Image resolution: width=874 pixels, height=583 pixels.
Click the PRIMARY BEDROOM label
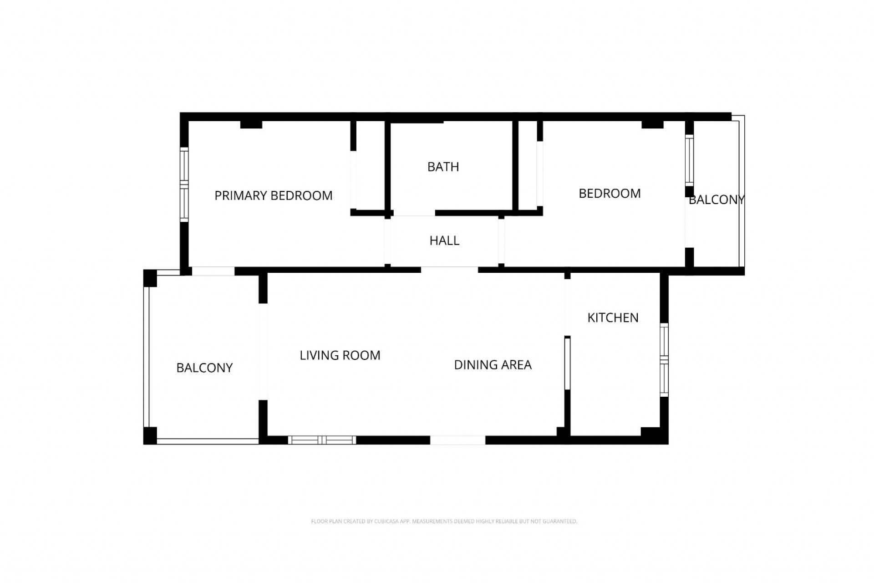click(273, 195)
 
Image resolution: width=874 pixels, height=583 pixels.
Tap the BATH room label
click(443, 167)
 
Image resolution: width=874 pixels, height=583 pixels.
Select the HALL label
click(444, 240)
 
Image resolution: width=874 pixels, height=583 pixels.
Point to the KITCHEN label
click(613, 317)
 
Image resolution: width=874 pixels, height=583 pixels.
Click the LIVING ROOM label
click(340, 355)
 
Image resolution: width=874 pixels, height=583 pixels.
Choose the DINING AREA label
click(493, 365)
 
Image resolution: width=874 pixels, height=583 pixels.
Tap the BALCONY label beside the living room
click(204, 368)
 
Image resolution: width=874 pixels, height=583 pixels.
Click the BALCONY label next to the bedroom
click(716, 199)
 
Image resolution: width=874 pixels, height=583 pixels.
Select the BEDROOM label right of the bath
click(610, 194)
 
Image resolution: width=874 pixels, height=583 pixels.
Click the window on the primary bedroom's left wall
click(184, 184)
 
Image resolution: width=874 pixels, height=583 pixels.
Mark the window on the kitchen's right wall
click(664, 360)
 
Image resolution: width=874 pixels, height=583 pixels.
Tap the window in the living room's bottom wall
click(322, 440)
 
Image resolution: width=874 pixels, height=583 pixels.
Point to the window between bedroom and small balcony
click(689, 160)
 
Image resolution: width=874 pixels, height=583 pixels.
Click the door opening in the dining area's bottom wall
click(457, 440)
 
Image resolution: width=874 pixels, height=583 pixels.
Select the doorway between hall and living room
click(449, 270)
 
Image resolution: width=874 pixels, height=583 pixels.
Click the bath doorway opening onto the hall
click(414, 213)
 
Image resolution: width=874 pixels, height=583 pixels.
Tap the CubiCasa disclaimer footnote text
click(444, 522)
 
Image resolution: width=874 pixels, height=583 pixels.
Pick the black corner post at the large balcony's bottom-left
click(150, 435)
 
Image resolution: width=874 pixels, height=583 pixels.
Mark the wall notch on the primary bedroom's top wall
click(251, 124)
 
